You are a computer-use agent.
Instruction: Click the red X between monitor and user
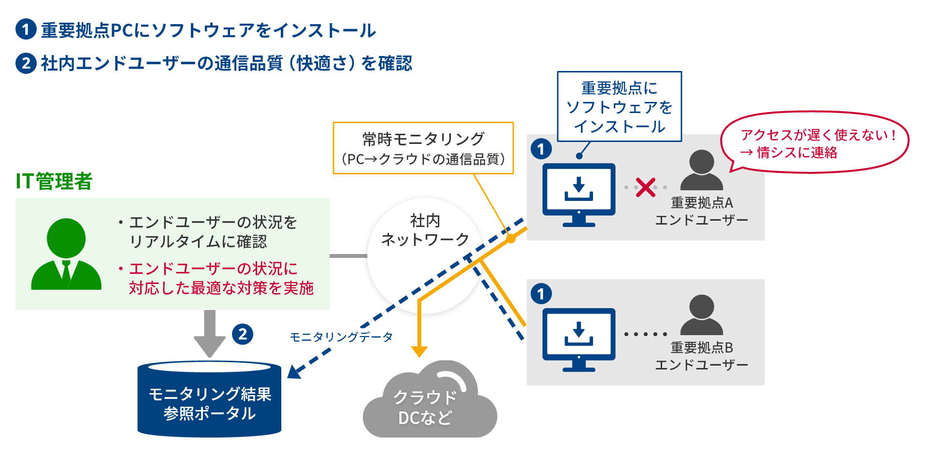pyautogui.click(x=645, y=187)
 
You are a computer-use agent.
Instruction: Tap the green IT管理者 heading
pyautogui.click(x=54, y=182)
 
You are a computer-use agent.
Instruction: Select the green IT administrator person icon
pyautogui.click(x=66, y=254)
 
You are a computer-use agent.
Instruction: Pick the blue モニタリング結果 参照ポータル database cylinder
pyautogui.click(x=209, y=400)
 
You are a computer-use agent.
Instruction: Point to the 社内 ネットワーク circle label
pyautogui.click(x=425, y=230)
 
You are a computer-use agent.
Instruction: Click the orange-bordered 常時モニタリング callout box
pyautogui.click(x=423, y=148)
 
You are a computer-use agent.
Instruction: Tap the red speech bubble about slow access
pyautogui.click(x=814, y=143)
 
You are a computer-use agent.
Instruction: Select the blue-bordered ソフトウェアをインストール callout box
pyautogui.click(x=619, y=107)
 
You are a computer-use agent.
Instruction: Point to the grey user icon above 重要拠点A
pyautogui.click(x=701, y=170)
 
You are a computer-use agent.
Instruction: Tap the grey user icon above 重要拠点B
pyautogui.click(x=701, y=315)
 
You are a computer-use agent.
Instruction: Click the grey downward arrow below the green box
pyautogui.click(x=209, y=334)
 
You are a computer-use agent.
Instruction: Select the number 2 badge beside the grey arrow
pyautogui.click(x=243, y=334)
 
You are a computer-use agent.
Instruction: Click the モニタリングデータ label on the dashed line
pyautogui.click(x=341, y=337)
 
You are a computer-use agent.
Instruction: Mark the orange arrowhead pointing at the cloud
pyautogui.click(x=419, y=351)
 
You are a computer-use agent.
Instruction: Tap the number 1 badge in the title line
pyautogui.click(x=26, y=29)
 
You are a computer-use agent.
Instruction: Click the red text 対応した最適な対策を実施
pyautogui.click(x=221, y=288)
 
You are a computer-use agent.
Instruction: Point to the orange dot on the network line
pyautogui.click(x=510, y=238)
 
